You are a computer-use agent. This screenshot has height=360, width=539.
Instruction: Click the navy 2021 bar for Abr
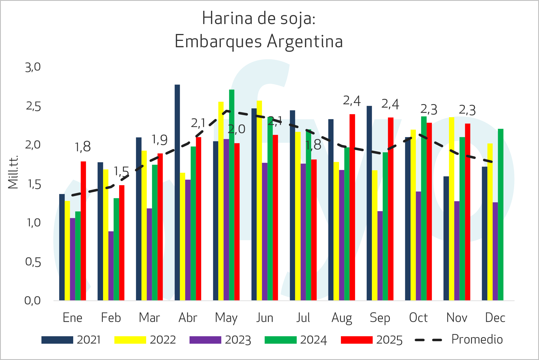click(177, 193)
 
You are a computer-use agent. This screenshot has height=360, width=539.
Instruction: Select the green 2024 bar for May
click(232, 193)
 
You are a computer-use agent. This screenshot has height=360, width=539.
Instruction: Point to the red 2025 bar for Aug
click(352, 207)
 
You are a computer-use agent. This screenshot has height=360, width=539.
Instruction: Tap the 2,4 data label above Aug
click(352, 101)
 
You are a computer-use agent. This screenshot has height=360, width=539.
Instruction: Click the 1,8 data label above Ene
click(83, 147)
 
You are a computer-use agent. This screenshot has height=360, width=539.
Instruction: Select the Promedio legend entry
click(459, 340)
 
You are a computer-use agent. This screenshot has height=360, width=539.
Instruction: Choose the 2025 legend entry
click(372, 340)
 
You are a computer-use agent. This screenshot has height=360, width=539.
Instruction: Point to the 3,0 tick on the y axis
click(33, 67)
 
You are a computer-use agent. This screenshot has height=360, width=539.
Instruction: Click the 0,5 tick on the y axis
click(33, 262)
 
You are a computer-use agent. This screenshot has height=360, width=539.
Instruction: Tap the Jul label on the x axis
click(303, 318)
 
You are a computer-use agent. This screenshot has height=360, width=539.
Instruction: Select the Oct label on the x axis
click(418, 318)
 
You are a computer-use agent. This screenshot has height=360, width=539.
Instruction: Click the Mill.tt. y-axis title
click(13, 172)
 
